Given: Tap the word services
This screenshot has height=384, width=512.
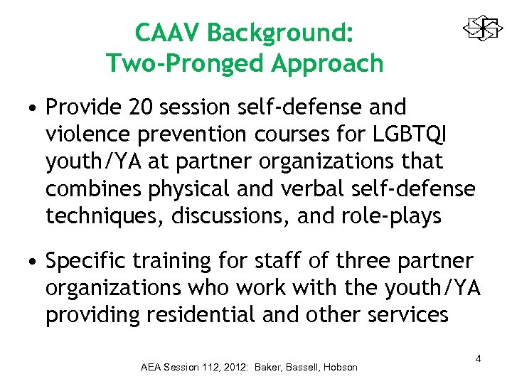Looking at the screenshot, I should pos(406,314).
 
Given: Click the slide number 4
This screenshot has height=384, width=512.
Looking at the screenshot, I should pos(478,358).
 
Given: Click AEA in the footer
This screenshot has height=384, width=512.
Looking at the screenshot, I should pos(151,367).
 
